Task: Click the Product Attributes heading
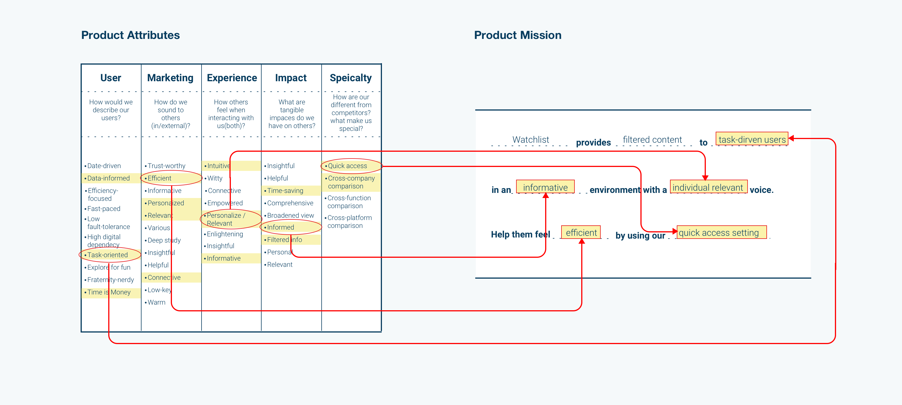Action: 130,35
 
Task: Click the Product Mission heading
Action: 518,35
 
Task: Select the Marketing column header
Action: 170,78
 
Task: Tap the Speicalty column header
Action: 350,78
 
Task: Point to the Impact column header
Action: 291,78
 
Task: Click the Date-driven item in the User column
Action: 104,166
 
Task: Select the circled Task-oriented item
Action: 107,255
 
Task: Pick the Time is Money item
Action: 109,292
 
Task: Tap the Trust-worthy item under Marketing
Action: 166,166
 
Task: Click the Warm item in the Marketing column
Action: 156,302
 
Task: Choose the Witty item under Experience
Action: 215,178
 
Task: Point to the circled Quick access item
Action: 347,166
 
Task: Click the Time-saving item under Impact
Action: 285,191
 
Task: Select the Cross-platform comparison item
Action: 349,221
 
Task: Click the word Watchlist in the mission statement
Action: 530,139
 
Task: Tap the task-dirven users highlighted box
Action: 752,139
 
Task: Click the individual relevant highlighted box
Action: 708,188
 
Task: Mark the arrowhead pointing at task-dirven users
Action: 791,138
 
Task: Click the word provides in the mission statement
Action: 593,142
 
